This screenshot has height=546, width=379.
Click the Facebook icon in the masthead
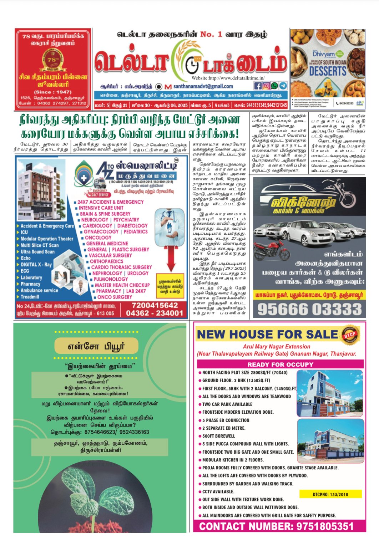click(x=258, y=86)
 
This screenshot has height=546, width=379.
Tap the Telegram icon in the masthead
click(x=283, y=86)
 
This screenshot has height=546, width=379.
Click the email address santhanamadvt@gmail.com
click(x=203, y=86)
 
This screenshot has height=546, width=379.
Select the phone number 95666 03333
click(x=309, y=309)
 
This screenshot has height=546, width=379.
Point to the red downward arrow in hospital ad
click(x=171, y=257)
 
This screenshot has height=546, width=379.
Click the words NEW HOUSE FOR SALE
click(x=267, y=335)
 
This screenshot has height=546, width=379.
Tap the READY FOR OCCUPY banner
click(x=280, y=364)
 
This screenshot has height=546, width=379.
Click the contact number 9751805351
click(x=276, y=526)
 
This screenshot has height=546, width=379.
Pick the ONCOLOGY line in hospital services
click(x=98, y=238)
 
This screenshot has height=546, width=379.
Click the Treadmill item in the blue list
click(x=30, y=297)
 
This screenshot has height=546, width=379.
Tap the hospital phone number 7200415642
click(x=155, y=305)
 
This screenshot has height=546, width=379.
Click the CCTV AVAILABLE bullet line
click(x=218, y=491)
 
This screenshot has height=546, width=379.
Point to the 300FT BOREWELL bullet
click(x=218, y=436)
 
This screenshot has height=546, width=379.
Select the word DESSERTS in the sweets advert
click(x=328, y=71)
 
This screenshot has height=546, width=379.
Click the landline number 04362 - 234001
click(x=155, y=313)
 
